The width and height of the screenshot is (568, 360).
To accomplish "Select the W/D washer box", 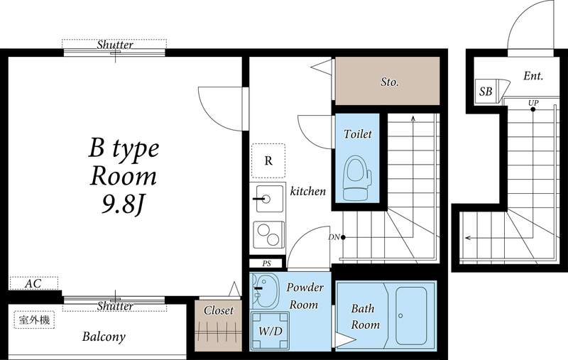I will pos(269,330).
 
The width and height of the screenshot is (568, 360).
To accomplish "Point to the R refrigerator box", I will pos(268,160).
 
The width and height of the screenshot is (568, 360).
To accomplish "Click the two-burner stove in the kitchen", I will pos(268,233).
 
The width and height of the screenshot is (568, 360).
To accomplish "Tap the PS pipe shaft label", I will pos(267,263).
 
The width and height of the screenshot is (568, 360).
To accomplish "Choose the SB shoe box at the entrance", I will pos(486,92).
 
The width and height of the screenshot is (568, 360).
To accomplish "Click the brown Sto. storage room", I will pos(388,82).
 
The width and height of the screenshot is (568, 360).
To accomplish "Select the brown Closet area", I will pos(218,326).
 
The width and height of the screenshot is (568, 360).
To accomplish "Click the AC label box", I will pos(33,283).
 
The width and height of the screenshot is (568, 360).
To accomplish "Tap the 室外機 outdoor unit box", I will pos(33,320).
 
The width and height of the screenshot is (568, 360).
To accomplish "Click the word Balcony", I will pos(103,337).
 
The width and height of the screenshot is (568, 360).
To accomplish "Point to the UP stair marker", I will pos(533,103).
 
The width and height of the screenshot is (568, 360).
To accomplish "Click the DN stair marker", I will pos(334,236).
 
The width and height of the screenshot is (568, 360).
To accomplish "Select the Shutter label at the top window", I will pos(115,45).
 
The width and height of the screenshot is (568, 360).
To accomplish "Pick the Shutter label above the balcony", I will pos(115,306).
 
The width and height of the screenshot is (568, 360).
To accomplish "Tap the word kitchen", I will pos(307,191).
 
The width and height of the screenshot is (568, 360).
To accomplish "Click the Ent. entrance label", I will pos(533,75).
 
